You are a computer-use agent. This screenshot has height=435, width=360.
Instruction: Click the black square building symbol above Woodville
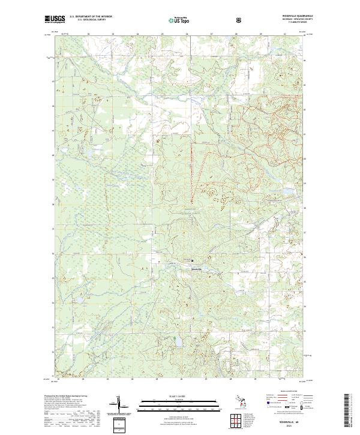[192, 261]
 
